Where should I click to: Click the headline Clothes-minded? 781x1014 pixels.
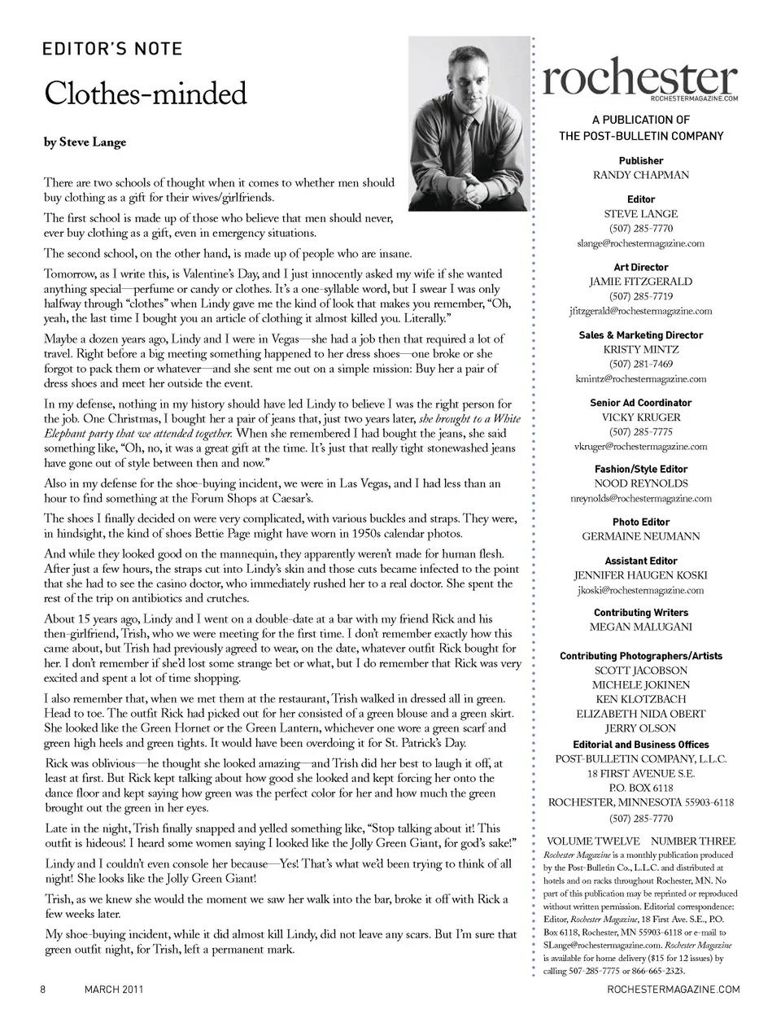[145, 94]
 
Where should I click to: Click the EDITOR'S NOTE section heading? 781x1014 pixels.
[112, 49]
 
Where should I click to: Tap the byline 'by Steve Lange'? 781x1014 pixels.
[85, 142]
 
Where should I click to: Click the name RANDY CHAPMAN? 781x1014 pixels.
[640, 175]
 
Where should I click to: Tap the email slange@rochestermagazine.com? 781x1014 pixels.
[640, 243]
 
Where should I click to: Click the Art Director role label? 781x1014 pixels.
[640, 267]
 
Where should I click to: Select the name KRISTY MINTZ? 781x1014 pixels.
[640, 349]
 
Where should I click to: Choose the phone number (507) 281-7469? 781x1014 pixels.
[640, 364]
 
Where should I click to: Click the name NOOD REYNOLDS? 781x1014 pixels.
[640, 483]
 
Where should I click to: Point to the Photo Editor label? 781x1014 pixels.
[640, 522]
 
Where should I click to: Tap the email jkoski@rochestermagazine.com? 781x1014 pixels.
[640, 590]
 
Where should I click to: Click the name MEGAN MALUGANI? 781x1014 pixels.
[640, 627]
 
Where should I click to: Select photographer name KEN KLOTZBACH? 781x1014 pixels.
[640, 699]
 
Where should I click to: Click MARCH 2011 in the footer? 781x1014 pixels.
[114, 989]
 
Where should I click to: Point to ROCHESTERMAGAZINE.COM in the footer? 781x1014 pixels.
[674, 989]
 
